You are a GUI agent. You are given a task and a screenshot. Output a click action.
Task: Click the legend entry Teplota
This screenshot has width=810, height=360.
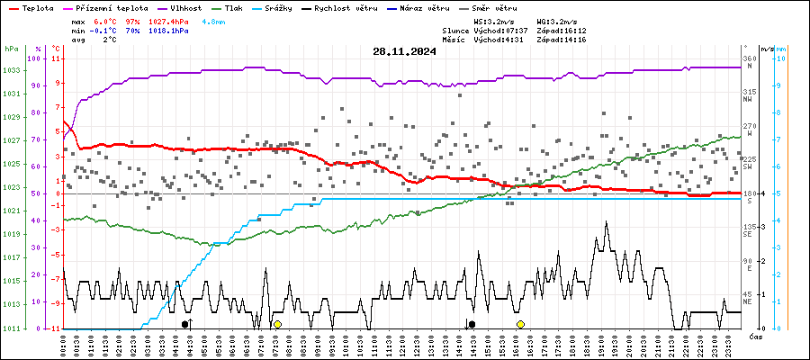(x=35, y=7)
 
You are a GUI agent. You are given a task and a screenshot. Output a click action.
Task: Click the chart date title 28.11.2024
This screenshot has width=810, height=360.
(x=404, y=51)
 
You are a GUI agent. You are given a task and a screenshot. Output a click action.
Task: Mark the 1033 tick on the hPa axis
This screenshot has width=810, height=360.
(x=11, y=70)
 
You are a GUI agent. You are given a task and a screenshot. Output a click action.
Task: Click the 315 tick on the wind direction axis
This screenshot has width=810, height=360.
(x=748, y=92)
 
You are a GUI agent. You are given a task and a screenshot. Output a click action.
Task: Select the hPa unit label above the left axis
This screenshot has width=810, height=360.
(x=11, y=49)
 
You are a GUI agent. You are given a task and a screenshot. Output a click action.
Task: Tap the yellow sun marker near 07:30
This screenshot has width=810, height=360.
(x=278, y=324)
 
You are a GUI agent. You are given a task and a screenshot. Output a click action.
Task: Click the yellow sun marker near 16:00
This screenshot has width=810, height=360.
(x=520, y=324)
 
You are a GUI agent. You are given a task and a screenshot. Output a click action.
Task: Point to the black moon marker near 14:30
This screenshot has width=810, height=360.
(x=472, y=324)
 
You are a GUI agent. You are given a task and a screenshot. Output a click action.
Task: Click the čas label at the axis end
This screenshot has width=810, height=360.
(x=756, y=336)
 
